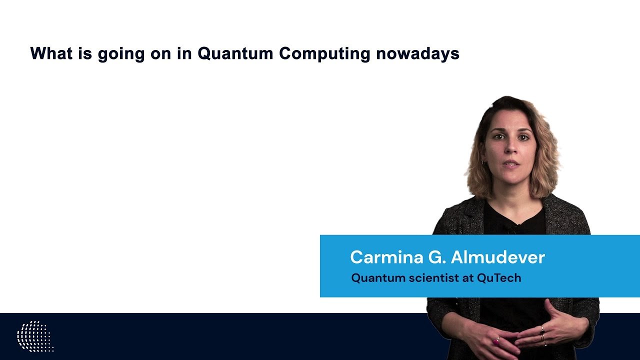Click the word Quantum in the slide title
point(235,53)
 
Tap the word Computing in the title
point(324,54)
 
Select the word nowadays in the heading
point(417,54)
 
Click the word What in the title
point(51,53)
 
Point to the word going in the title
point(121,54)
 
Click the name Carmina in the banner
point(387,257)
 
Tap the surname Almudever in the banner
point(498,257)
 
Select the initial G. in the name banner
point(437,257)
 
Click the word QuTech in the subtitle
point(499,277)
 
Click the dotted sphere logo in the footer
point(35,336)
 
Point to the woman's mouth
point(511,164)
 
